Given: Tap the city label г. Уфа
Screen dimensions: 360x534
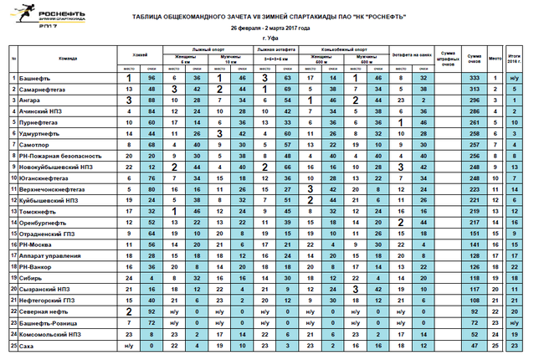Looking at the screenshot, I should coord(268,39).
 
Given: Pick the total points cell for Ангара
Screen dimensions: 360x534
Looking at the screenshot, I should coord(475,100).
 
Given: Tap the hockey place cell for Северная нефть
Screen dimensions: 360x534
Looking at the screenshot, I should coord(129,310).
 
